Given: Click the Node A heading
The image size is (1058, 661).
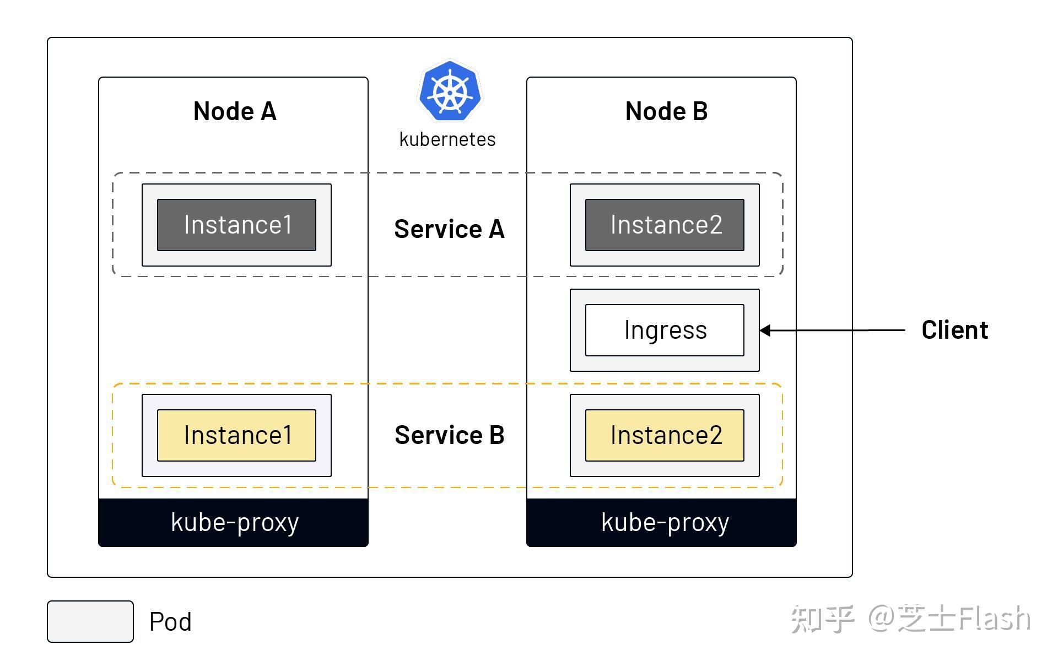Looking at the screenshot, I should (235, 111).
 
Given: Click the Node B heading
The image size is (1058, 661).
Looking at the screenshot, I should (666, 111).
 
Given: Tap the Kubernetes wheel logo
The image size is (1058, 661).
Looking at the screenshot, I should (450, 91).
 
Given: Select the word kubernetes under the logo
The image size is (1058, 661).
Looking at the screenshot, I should (447, 139).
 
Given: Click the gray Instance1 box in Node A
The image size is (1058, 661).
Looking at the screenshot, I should (237, 225).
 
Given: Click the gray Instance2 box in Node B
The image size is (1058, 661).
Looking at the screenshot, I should (665, 225).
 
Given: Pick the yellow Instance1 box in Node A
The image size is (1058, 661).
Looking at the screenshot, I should (237, 435).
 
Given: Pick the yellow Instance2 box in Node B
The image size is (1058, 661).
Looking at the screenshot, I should (665, 435).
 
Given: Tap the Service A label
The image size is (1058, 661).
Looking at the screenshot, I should (449, 229).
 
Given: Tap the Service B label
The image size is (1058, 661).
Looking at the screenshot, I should (449, 435).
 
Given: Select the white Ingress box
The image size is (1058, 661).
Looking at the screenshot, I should (665, 330).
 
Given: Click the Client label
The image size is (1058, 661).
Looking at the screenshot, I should (954, 330).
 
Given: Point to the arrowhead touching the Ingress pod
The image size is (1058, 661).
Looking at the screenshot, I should (765, 330).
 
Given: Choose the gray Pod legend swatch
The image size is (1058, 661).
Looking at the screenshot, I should (90, 621).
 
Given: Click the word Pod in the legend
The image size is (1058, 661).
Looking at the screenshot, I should (170, 622).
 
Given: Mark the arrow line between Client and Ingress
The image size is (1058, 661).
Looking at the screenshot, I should (838, 330).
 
